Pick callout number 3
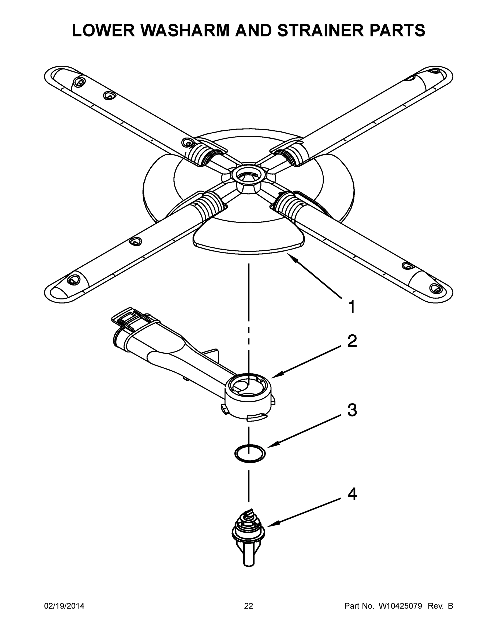pyautogui.click(x=352, y=410)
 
